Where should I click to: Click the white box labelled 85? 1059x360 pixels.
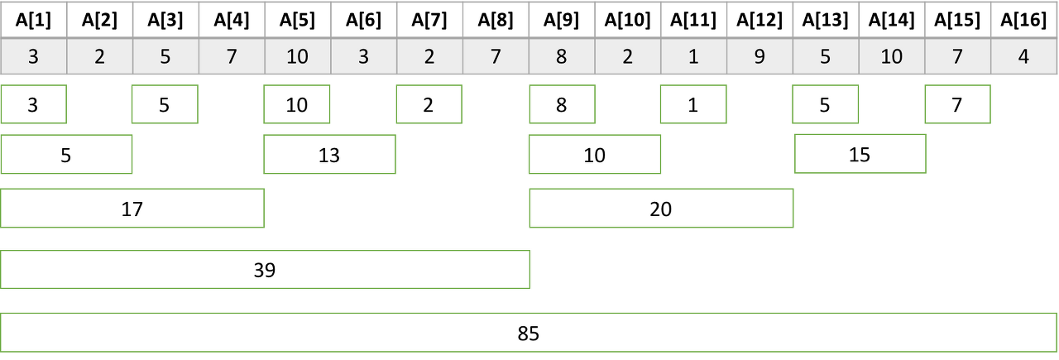(529, 333)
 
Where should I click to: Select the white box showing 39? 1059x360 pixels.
(265, 270)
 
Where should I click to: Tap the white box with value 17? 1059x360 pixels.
(132, 209)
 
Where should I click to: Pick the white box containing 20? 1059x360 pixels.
(660, 209)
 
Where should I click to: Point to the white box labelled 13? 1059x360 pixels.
(329, 155)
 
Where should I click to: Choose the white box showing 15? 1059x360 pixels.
(860, 155)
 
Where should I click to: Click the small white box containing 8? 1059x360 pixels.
(562, 104)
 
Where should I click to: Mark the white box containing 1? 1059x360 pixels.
(693, 104)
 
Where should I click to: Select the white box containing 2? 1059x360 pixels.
(429, 104)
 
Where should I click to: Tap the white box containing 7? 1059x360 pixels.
(957, 104)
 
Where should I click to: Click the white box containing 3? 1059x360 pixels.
(33, 104)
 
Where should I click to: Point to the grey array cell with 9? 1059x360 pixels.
(760, 57)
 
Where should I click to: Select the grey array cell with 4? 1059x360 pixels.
(1024, 57)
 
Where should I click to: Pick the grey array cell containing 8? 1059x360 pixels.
(562, 57)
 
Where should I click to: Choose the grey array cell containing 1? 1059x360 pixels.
(693, 57)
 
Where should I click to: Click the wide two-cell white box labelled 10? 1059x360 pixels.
(595, 155)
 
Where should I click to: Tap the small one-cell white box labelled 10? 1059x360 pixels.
(296, 104)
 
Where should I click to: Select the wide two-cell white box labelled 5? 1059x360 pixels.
(66, 155)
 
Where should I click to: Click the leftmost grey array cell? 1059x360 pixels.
(33, 57)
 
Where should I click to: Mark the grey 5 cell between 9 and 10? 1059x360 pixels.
(825, 57)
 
